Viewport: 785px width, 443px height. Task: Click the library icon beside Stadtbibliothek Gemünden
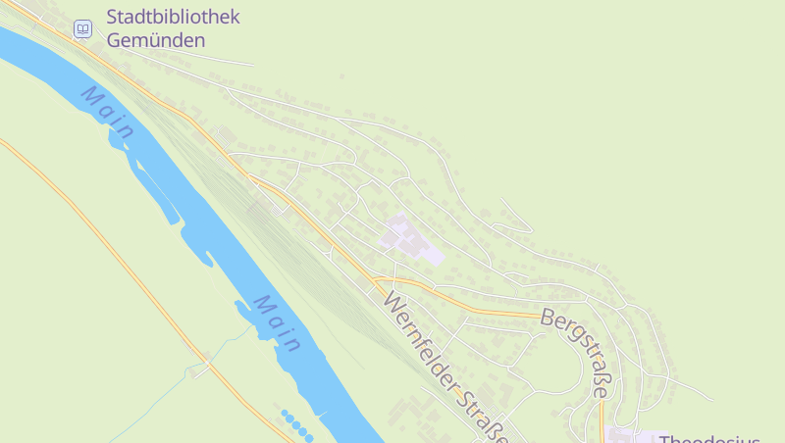[x=83, y=29]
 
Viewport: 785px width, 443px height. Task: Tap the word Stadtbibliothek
[x=173, y=18]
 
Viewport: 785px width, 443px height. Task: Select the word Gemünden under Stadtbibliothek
[x=156, y=40]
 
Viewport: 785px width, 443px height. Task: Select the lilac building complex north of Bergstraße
[x=412, y=239]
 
